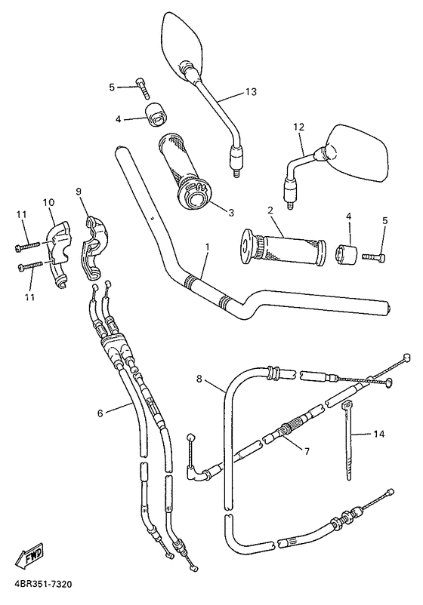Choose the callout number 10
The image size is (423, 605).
click(x=49, y=202)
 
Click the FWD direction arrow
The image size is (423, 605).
click(x=32, y=559)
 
